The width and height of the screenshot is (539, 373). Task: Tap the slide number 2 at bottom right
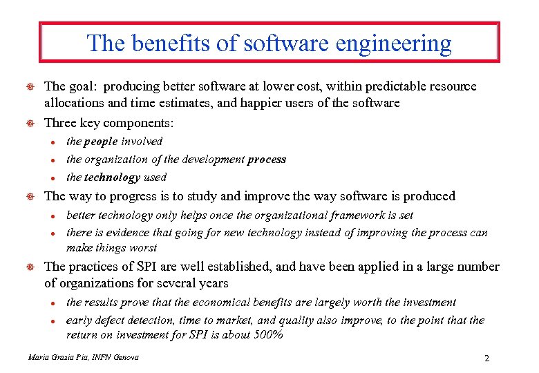tap(487, 358)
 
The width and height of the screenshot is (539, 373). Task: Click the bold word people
tap(101, 142)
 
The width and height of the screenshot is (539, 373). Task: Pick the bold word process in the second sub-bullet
tap(266, 160)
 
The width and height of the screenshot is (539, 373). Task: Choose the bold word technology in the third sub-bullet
tap(113, 178)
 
